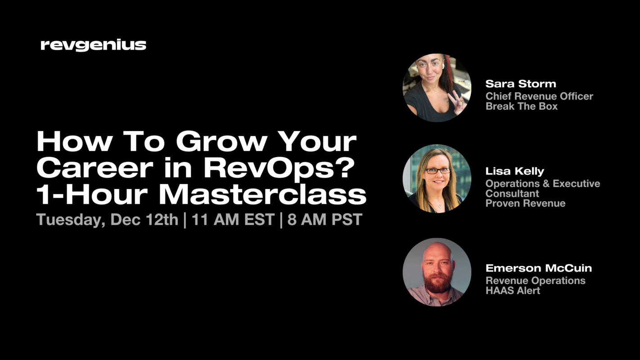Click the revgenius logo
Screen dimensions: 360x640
click(x=93, y=45)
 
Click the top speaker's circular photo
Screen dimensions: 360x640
click(x=437, y=88)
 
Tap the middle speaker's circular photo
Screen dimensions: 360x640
click(x=437, y=179)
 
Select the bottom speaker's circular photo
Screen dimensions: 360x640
click(x=437, y=272)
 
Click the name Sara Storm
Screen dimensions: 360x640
click(x=520, y=84)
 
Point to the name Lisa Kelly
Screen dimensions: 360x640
click(x=514, y=171)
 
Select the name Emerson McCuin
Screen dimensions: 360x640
click(x=538, y=268)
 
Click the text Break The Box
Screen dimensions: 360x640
click(x=521, y=107)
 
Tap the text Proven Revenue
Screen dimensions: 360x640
click(x=525, y=203)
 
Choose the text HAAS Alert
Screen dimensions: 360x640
click(x=513, y=291)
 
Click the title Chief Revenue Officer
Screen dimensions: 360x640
click(x=539, y=96)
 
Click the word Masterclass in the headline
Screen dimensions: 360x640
click(x=262, y=195)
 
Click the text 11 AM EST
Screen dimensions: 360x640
click(x=233, y=220)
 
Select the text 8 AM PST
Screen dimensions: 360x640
click(x=325, y=220)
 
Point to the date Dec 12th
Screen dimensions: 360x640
click(x=144, y=220)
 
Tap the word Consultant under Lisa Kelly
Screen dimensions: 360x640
click(x=512, y=193)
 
